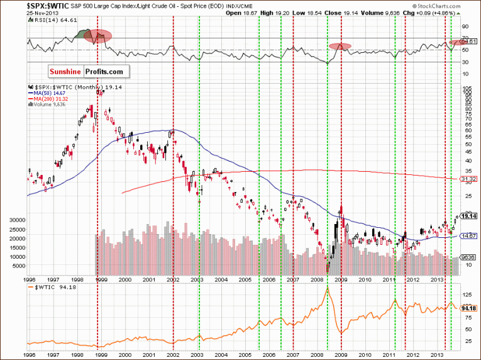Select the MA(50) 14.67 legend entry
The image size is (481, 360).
(x=47, y=93)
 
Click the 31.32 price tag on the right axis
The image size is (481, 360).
(x=467, y=179)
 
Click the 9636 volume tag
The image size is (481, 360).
(x=467, y=257)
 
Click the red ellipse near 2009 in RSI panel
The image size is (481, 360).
(x=340, y=47)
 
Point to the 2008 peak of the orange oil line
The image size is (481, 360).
(x=328, y=288)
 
